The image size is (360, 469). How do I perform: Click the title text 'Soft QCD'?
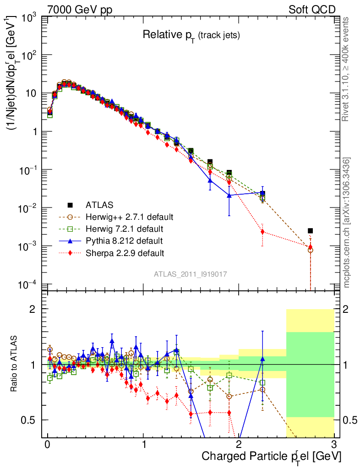[312, 10]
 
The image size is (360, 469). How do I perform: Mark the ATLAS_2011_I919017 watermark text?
[191, 274]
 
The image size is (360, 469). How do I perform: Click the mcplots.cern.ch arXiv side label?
[347, 223]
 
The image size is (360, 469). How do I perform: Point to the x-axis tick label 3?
[334, 444]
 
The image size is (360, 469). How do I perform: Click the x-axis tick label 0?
[48, 444]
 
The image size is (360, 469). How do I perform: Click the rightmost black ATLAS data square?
[310, 230]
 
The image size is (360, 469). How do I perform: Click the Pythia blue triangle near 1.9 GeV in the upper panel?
[229, 195]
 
